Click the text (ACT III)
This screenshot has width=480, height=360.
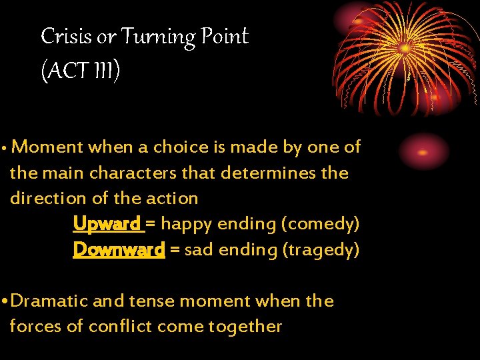click(x=80, y=70)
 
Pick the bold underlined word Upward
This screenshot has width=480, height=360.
click(x=107, y=224)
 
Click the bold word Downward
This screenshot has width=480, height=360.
click(x=119, y=249)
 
